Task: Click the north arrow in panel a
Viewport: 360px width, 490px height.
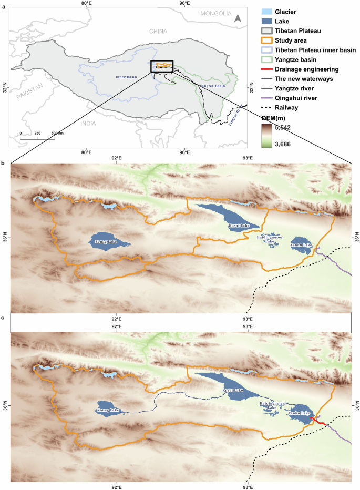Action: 238,18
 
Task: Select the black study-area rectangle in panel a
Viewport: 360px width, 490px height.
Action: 162,66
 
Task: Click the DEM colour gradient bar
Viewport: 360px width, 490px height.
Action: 268,135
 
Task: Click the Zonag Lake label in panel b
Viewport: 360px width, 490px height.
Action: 105,242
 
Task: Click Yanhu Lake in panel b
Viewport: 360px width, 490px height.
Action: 302,246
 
